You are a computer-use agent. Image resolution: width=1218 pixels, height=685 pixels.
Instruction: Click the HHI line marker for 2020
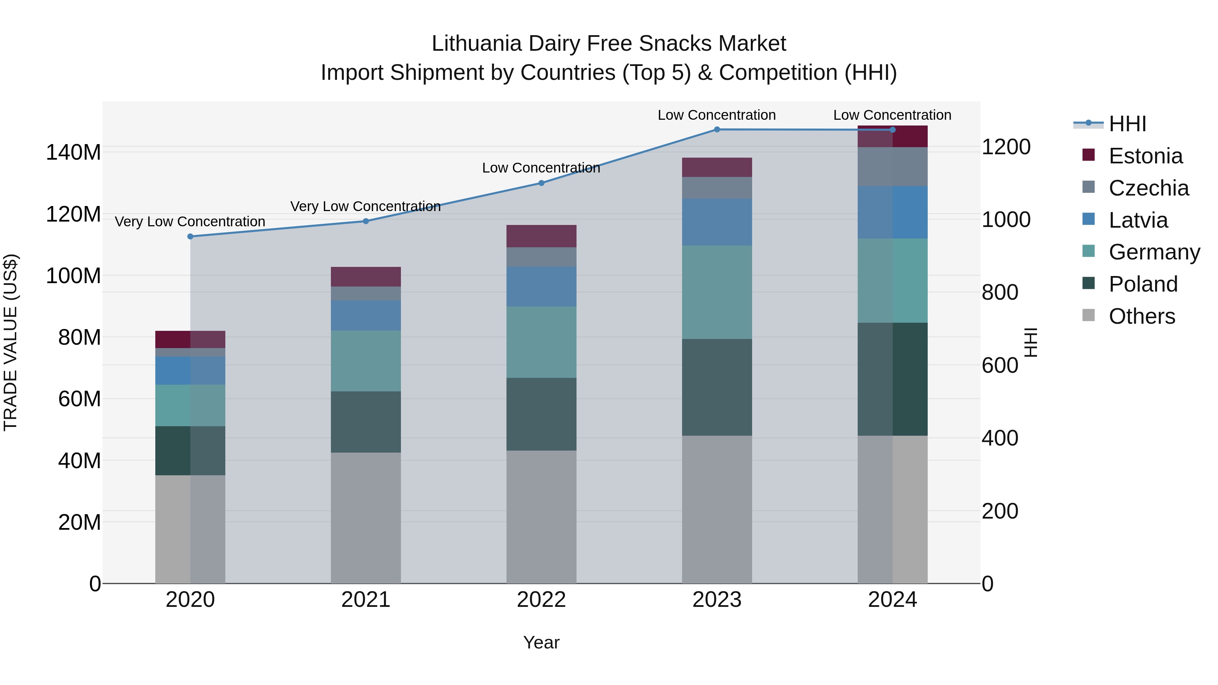(190, 236)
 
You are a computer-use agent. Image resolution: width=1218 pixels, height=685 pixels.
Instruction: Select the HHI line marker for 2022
(541, 183)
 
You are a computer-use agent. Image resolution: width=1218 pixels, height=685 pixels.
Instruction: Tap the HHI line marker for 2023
(717, 129)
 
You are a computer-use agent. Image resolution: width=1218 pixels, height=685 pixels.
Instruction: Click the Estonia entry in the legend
(1145, 156)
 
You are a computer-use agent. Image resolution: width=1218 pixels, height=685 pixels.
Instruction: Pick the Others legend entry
(1142, 316)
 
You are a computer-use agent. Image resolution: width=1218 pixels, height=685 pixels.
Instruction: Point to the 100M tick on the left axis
(73, 276)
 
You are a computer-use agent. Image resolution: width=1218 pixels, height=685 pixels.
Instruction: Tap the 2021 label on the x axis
(365, 600)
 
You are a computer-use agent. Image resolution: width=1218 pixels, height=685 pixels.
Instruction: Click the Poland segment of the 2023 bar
(717, 387)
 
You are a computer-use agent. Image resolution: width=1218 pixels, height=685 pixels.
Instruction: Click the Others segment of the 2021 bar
(365, 518)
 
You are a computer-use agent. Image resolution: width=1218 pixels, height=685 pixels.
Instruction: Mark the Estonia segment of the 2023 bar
(717, 167)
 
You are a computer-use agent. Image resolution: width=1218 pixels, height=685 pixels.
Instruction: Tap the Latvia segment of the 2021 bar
(365, 315)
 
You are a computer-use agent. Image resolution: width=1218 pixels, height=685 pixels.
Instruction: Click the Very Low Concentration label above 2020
(190, 221)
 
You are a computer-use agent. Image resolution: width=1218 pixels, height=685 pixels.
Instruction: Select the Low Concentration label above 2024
(892, 115)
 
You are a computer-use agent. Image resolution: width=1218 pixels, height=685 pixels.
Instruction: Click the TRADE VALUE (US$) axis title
(10, 342)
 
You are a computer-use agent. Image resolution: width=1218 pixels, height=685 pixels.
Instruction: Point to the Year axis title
(541, 642)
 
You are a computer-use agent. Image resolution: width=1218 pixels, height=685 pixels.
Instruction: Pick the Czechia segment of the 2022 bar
(541, 257)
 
